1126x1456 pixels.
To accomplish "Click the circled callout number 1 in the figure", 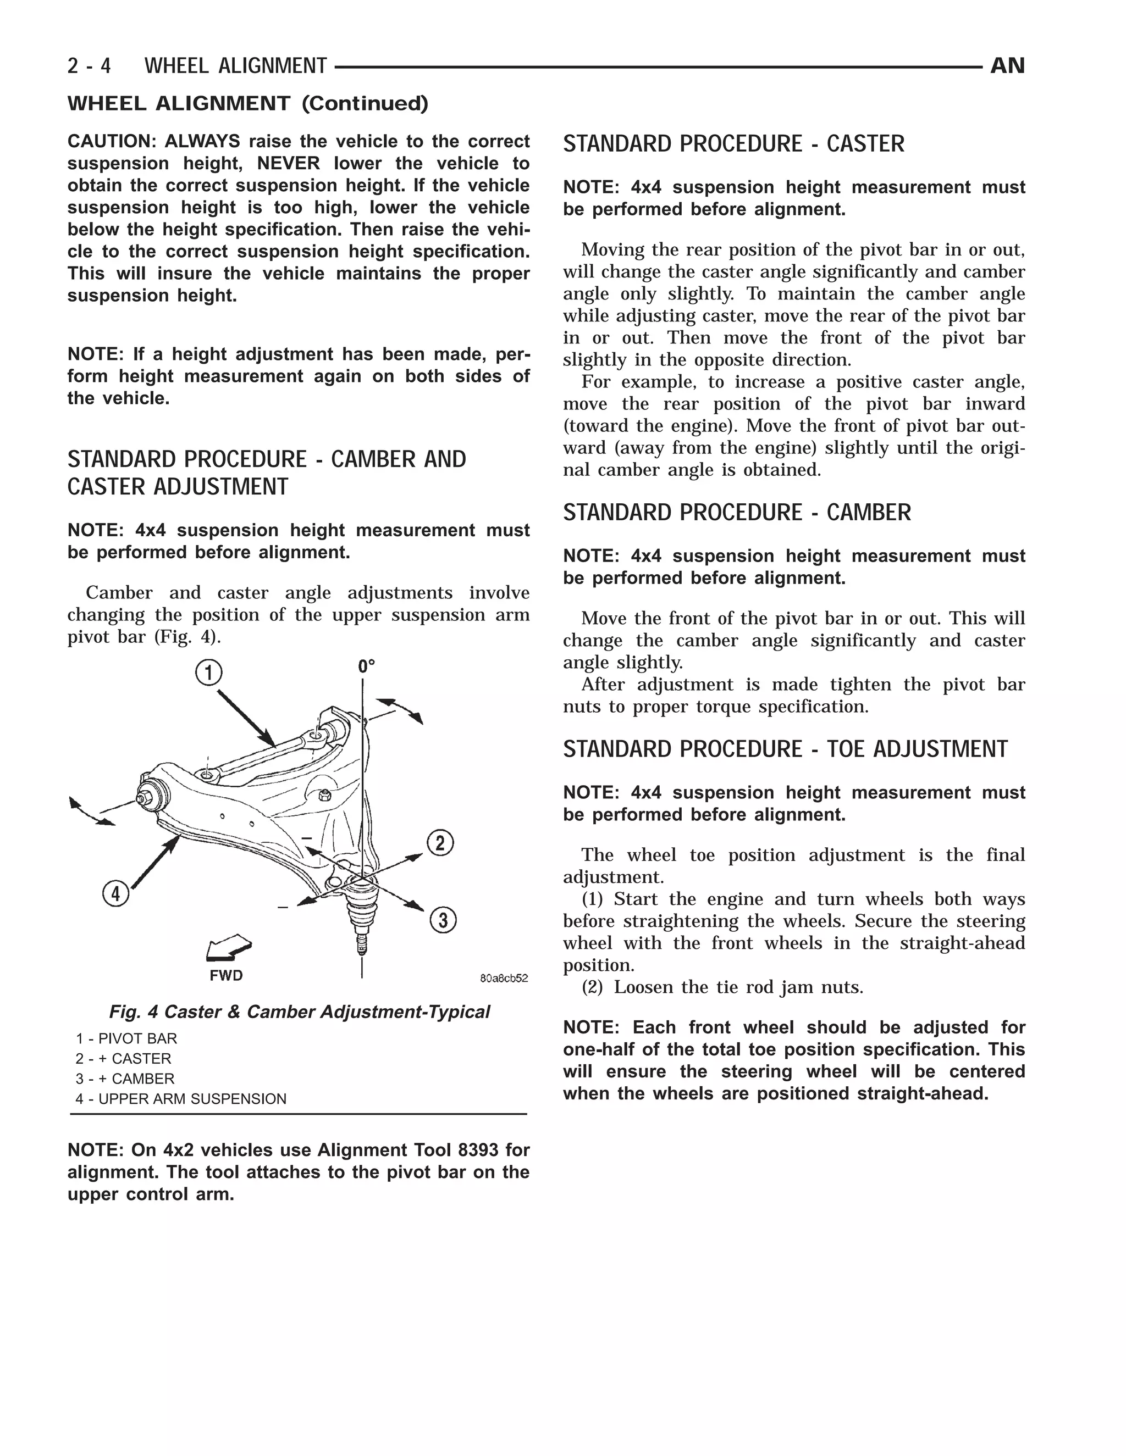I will tap(208, 672).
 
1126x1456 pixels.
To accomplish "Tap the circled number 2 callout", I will tap(440, 843).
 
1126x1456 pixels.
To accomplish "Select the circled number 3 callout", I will tap(443, 921).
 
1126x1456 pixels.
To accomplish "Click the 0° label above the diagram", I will tap(366, 666).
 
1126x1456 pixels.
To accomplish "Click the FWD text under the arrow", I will tap(226, 976).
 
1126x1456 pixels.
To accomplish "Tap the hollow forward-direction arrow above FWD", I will tap(229, 949).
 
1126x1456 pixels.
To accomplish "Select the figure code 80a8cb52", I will tap(504, 978).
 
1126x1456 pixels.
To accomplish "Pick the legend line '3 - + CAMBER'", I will tap(125, 1079).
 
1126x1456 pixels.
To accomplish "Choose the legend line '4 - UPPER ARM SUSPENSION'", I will tap(181, 1099).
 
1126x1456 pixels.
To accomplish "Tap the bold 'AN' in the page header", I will tap(1007, 65).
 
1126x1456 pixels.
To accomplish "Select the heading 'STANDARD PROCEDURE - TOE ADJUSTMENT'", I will tap(785, 749).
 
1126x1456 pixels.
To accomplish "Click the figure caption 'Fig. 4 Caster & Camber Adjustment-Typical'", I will tap(299, 1012).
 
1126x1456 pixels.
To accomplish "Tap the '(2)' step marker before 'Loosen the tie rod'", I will tap(592, 987).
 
